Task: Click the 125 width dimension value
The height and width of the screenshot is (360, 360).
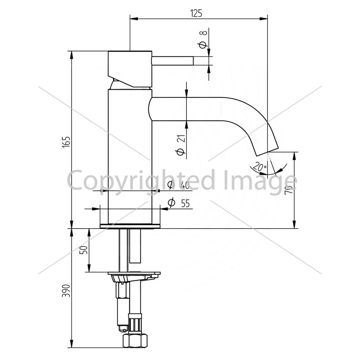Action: [x=196, y=14]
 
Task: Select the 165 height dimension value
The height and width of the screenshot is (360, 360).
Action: [x=66, y=142]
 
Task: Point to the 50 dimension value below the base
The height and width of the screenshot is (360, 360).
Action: [x=84, y=249]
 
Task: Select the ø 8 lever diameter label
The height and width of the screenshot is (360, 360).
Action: [x=203, y=39]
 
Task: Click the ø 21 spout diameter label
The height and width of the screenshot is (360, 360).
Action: [x=181, y=145]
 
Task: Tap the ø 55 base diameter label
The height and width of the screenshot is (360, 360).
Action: [x=179, y=203]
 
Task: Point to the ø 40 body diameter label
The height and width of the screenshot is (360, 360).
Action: [x=179, y=185]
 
